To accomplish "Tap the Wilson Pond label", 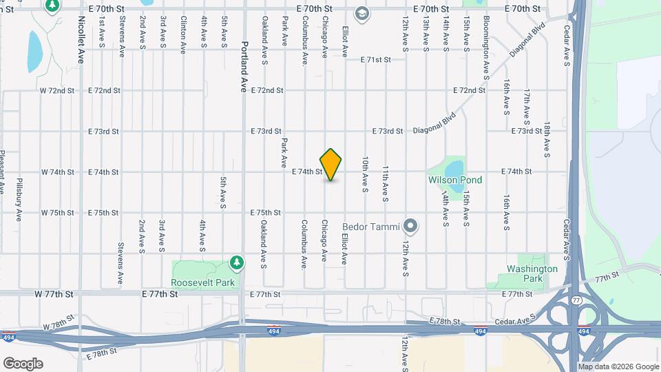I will coord(455,180).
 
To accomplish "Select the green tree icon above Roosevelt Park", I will coord(237,262).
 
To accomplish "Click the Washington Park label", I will coord(532,273).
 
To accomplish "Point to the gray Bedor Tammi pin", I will coord(411,225).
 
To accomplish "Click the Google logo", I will coord(23,364).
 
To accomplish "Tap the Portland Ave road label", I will coord(244,66).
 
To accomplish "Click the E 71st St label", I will coord(376,60).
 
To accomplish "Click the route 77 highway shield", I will coord(576,300).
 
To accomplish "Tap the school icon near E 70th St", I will coord(361,13).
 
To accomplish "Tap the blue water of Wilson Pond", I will coord(453,167).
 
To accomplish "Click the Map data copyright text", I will coord(618,366).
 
